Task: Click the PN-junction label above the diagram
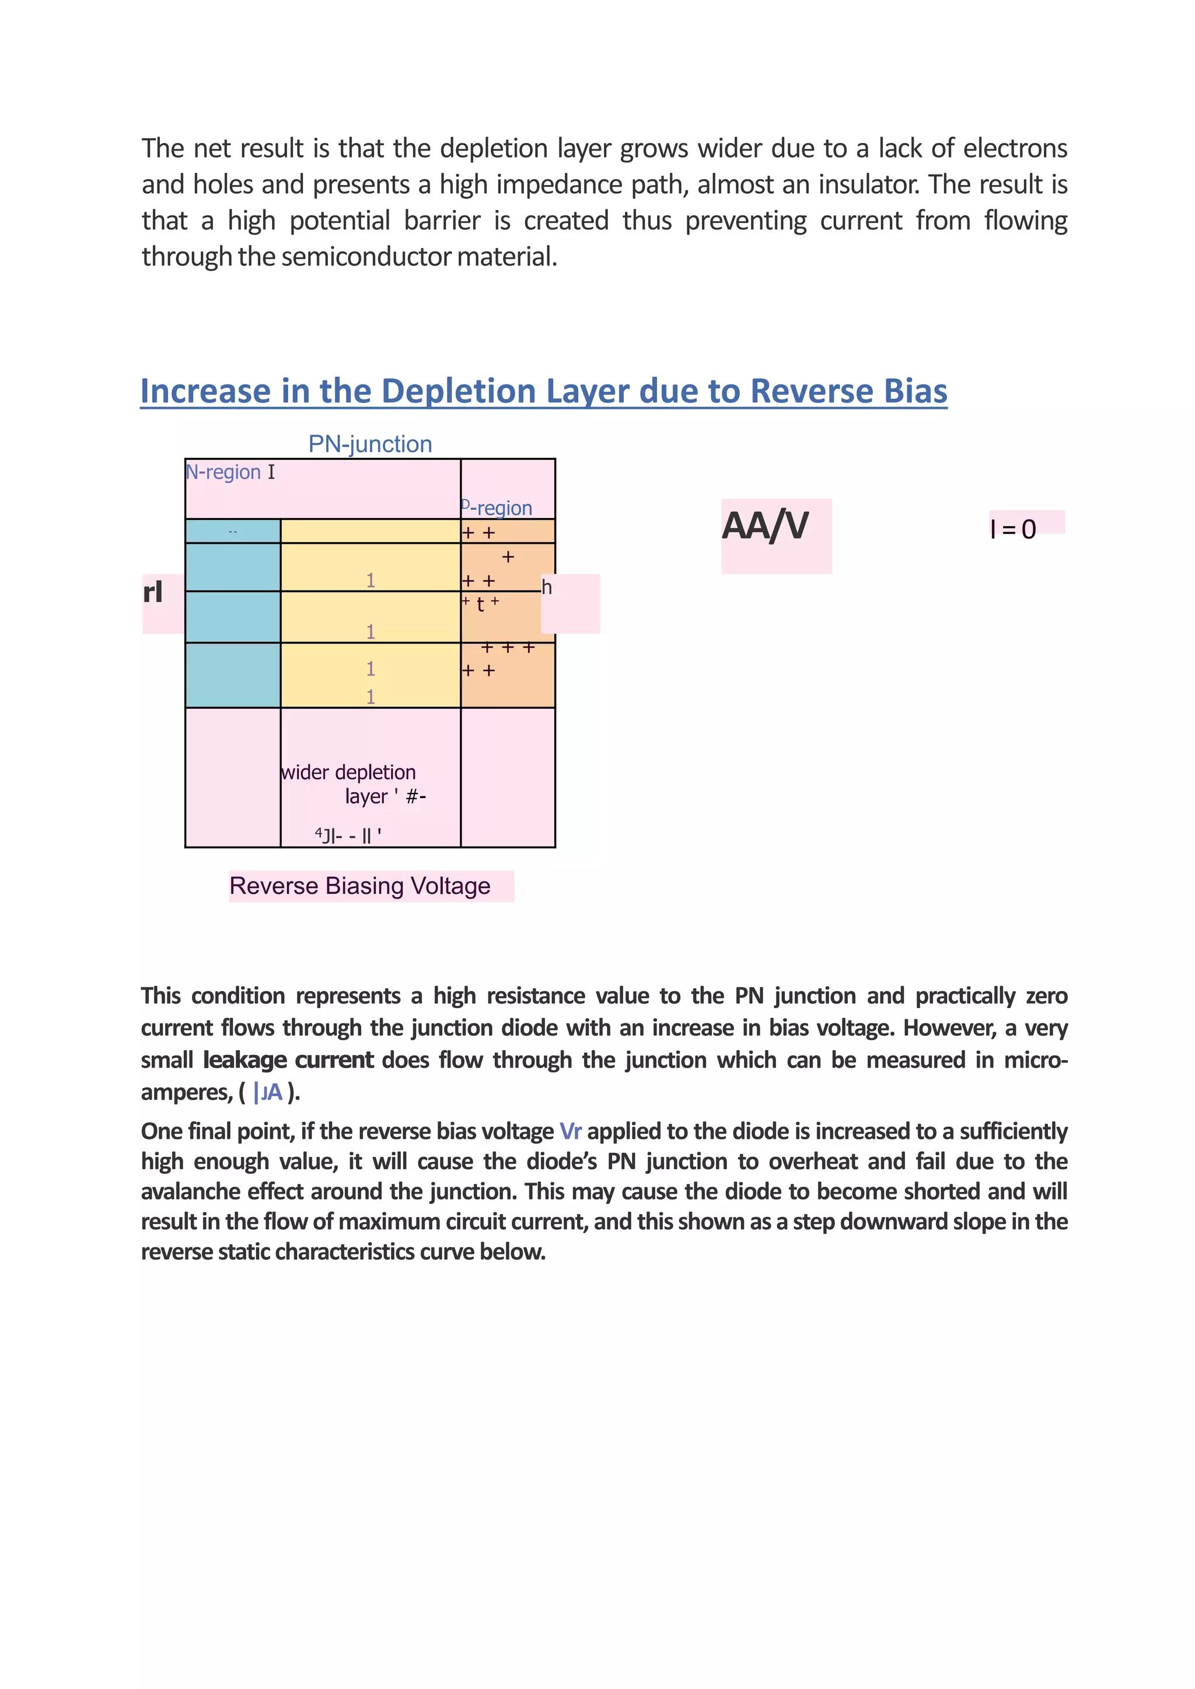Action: tap(370, 445)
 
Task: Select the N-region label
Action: tap(223, 472)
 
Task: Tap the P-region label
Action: tap(497, 508)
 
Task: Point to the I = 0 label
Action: tap(1014, 530)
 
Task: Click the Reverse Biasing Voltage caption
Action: tap(360, 886)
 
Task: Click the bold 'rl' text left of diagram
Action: tap(152, 592)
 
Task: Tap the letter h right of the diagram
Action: tap(547, 588)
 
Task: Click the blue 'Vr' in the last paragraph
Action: tap(570, 1131)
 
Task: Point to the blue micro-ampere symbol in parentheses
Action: tap(268, 1092)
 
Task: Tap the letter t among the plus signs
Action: tap(480, 604)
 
